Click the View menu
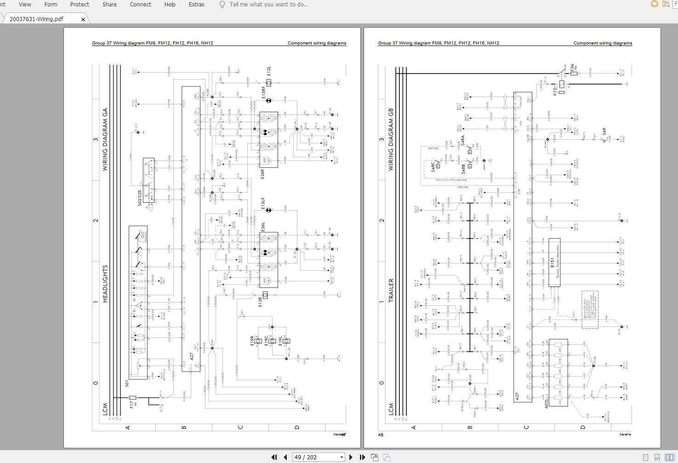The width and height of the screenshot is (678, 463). pyautogui.click(x=25, y=4)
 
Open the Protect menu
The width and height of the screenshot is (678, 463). pyautogui.click(x=80, y=4)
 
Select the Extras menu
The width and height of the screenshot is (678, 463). pyautogui.click(x=196, y=4)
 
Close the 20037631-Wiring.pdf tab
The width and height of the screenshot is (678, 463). pyautogui.click(x=83, y=19)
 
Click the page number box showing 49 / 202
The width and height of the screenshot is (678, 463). pyautogui.click(x=319, y=457)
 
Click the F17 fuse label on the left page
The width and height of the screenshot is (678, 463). pyautogui.click(x=132, y=405)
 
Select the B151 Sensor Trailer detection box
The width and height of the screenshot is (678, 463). pyautogui.click(x=554, y=263)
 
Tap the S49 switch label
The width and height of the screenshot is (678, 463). pyautogui.click(x=604, y=132)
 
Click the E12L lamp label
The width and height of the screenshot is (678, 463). pyautogui.click(x=268, y=71)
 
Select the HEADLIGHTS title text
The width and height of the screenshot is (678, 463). pyautogui.click(x=105, y=283)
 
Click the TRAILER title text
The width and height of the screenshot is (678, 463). pyautogui.click(x=391, y=290)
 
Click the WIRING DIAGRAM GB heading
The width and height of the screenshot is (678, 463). pyautogui.click(x=391, y=139)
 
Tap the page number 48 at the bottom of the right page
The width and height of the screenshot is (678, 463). pyautogui.click(x=381, y=434)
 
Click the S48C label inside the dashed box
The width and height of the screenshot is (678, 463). pyautogui.click(x=433, y=166)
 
